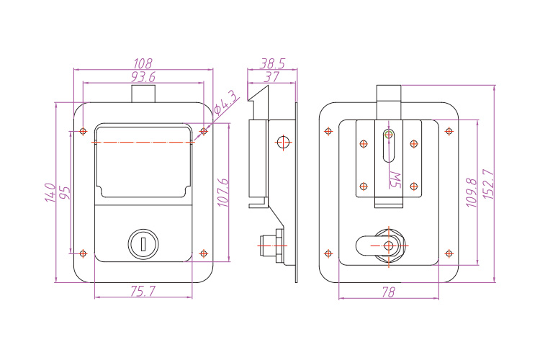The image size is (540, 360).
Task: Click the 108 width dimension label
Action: [144, 63]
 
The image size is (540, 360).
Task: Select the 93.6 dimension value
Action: [144, 76]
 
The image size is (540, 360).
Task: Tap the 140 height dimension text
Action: [50, 192]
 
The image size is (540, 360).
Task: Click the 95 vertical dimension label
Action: [65, 192]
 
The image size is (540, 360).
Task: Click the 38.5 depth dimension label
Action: [271, 63]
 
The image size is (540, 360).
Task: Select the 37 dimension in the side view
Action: [271, 76]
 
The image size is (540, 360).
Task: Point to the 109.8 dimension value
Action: [472, 192]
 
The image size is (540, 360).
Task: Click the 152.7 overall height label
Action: [487, 184]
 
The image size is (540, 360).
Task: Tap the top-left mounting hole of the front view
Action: [83, 132]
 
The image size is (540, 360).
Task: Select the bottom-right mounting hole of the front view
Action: [204, 253]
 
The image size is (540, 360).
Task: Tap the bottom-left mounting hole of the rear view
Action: [329, 253]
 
